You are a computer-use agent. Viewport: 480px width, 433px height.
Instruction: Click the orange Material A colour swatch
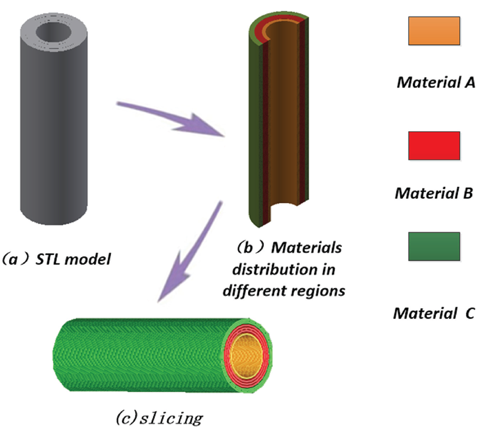(x=434, y=31)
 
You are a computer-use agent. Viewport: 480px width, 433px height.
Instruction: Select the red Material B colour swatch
(x=434, y=146)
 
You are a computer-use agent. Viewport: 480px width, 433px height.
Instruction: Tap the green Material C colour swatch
(x=434, y=246)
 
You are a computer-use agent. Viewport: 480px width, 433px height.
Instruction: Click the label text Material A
(x=436, y=82)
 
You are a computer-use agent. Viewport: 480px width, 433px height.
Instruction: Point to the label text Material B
(x=434, y=193)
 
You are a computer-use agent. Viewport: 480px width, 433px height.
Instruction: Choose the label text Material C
(x=434, y=313)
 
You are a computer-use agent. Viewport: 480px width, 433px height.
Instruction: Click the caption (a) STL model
(x=56, y=259)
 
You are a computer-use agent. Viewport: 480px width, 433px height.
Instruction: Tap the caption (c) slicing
(x=159, y=418)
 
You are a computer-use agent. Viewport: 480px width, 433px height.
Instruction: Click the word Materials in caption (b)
(x=306, y=248)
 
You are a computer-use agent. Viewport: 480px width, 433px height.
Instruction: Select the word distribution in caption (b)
(x=275, y=269)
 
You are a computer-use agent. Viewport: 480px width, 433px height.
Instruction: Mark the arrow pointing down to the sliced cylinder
(x=190, y=252)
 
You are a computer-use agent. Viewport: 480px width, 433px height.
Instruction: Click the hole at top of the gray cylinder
(x=54, y=32)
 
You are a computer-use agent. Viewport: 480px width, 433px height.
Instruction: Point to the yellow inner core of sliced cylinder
(x=246, y=356)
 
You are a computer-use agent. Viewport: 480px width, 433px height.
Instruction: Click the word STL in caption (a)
(x=48, y=259)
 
